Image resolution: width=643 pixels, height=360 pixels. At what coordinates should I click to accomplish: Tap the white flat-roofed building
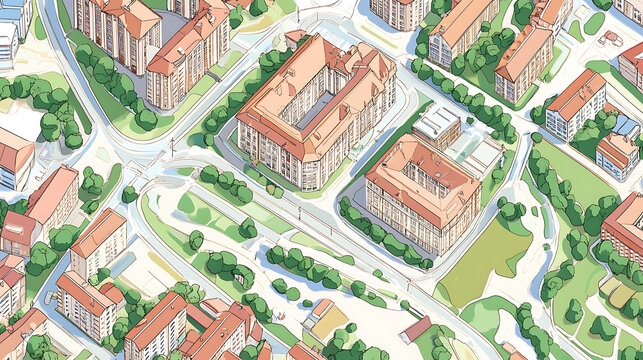coord(437,124)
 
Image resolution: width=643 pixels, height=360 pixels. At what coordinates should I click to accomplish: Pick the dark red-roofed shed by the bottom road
coord(416,328)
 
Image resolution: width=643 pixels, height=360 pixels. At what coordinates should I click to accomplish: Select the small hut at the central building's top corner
coord(296,37)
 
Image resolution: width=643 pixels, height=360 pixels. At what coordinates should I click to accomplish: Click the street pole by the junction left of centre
coord(171,146)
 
